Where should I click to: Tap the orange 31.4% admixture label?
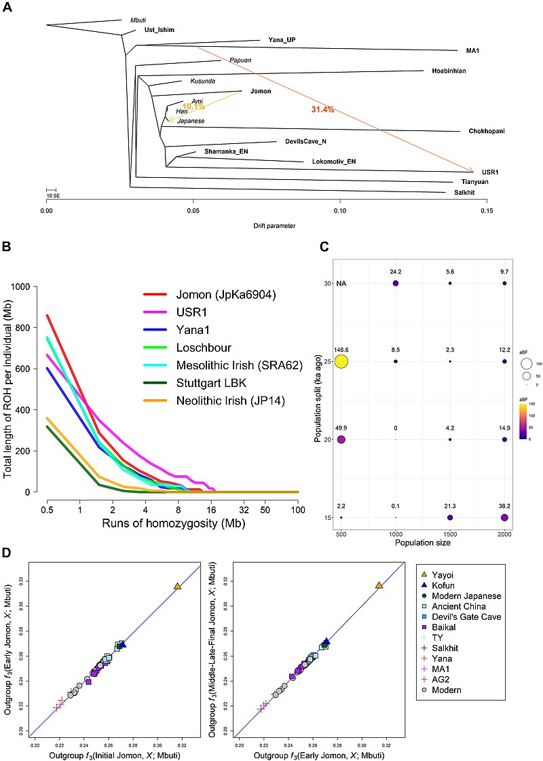click(x=323, y=110)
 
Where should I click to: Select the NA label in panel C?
click(x=342, y=283)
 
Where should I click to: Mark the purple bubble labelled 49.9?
click(x=341, y=440)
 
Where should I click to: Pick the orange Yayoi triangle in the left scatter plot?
click(x=177, y=586)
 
